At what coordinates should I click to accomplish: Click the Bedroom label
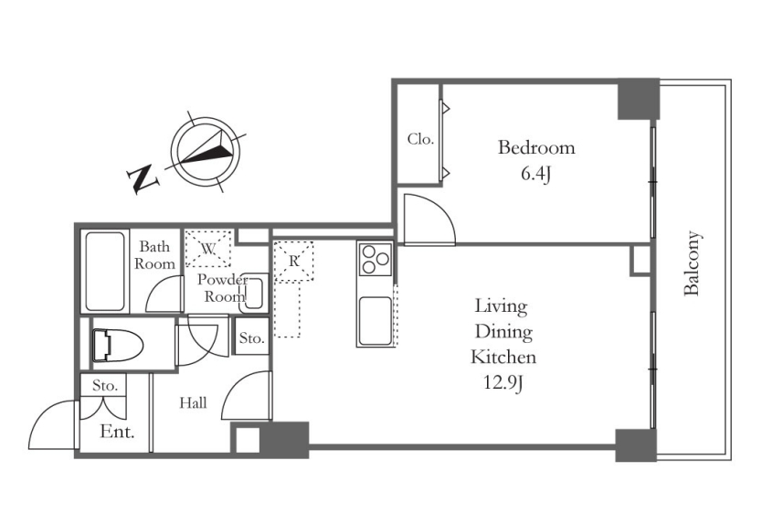click(536, 147)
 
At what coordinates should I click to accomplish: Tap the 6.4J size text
click(536, 174)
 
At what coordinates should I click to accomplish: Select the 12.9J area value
click(503, 384)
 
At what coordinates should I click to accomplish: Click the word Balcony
click(692, 263)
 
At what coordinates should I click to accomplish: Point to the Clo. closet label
click(420, 140)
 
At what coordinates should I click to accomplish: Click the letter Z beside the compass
click(143, 179)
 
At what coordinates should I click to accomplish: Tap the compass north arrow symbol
click(206, 148)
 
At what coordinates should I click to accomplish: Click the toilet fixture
click(118, 346)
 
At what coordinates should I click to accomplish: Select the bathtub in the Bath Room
click(104, 272)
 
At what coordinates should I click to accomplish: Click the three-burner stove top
click(376, 259)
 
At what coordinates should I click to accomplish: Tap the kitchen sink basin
click(375, 321)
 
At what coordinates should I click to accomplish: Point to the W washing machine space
click(208, 249)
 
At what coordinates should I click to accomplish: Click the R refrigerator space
click(294, 262)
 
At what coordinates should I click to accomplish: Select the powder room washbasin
click(254, 291)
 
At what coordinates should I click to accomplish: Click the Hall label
click(193, 403)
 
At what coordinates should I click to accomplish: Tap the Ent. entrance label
click(117, 432)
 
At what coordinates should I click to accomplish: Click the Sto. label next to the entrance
click(105, 386)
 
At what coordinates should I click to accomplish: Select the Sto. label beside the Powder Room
click(252, 338)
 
